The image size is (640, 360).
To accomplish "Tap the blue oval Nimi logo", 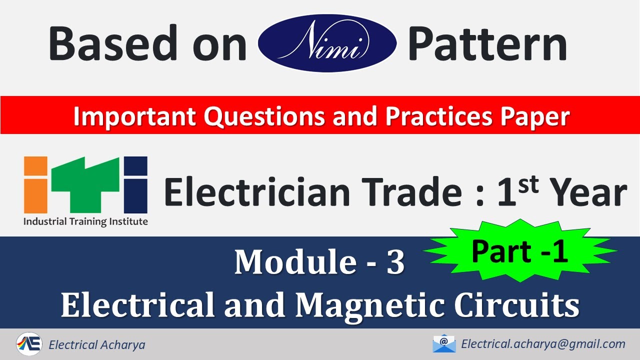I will pos(327,42).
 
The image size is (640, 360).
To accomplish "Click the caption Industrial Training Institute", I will pos(85,221).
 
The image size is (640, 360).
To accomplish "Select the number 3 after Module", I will pos(395,262).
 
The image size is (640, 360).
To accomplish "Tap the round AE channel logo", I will pos(29,344).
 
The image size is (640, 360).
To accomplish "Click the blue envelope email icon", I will pos(444,343).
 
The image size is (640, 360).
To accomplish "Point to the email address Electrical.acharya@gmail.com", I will pos(543,344).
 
